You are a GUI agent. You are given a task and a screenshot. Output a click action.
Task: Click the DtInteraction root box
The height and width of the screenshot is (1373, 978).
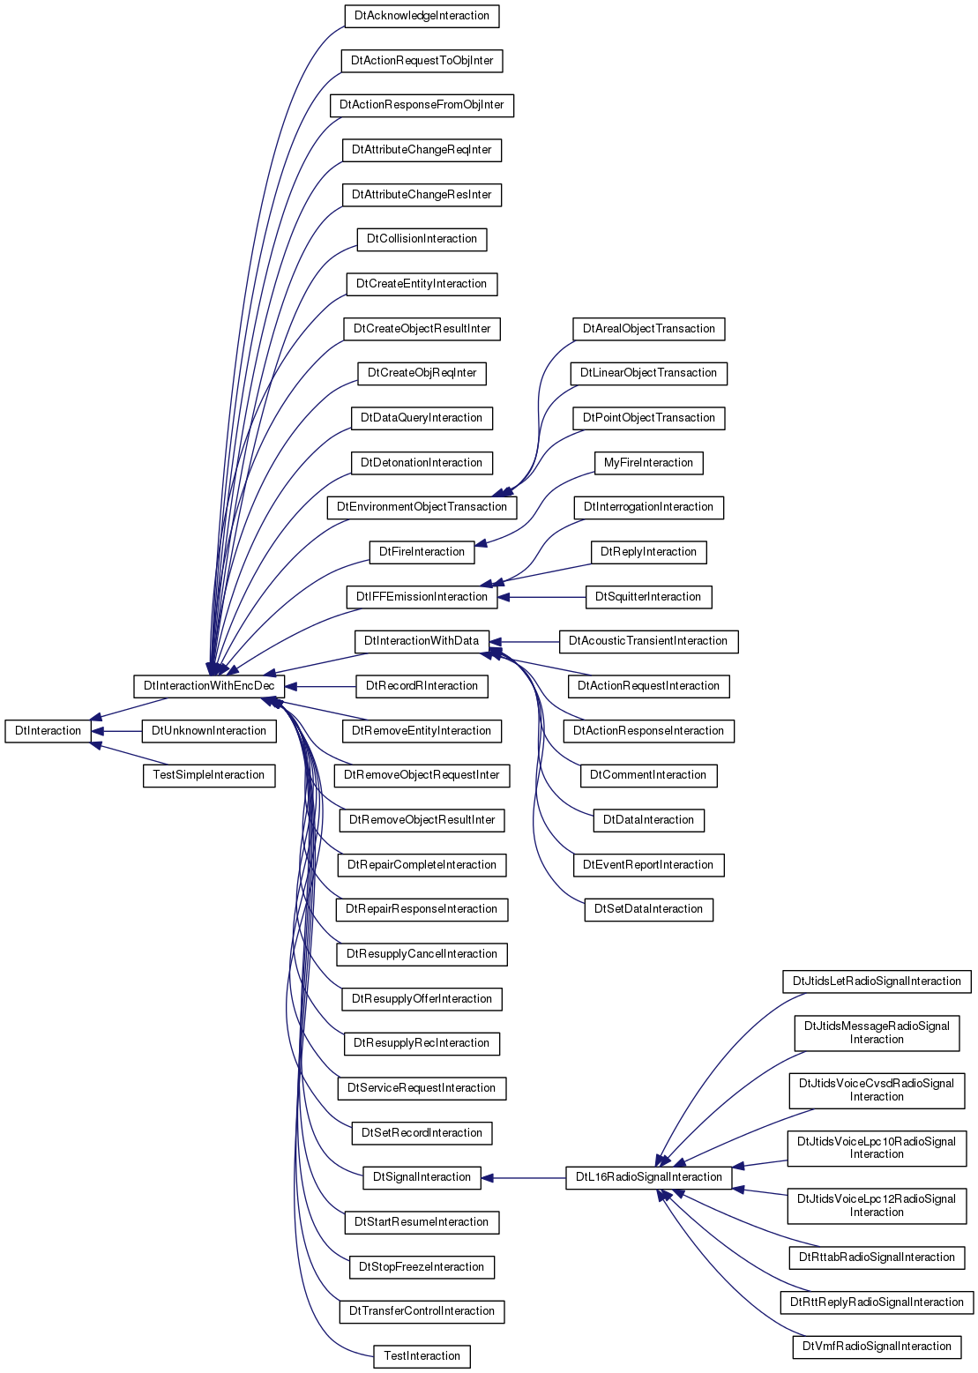pyautogui.click(x=48, y=731)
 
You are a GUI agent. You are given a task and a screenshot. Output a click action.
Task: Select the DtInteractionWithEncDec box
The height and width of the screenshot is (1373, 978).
pyautogui.click(x=209, y=686)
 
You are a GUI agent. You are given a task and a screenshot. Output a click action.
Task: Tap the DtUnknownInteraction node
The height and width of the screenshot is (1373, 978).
pyautogui.click(x=209, y=731)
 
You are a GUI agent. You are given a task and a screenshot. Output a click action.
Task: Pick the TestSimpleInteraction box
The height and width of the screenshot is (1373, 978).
pyautogui.click(x=209, y=775)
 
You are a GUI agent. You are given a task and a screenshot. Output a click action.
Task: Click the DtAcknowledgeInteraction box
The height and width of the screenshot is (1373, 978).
pyautogui.click(x=422, y=16)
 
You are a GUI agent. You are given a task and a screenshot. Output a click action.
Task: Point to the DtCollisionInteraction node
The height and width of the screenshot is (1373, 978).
pyautogui.click(x=422, y=239)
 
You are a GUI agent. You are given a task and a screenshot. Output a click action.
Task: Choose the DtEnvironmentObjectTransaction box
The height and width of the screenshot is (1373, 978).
pyautogui.click(x=422, y=508)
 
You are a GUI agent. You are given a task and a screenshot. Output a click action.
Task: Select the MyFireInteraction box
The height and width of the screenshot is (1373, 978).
pyautogui.click(x=649, y=463)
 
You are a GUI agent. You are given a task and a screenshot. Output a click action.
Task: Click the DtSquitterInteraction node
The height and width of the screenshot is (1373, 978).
pyautogui.click(x=649, y=597)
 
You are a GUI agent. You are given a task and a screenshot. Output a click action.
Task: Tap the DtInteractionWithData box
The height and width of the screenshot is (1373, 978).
pyautogui.click(x=422, y=641)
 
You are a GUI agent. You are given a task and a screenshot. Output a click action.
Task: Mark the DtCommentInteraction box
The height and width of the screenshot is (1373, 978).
pyautogui.click(x=649, y=775)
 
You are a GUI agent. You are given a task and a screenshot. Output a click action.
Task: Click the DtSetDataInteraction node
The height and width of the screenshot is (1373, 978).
pyautogui.click(x=649, y=909)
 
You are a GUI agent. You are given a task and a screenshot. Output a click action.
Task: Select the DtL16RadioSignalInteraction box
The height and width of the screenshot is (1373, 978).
pyautogui.click(x=649, y=1177)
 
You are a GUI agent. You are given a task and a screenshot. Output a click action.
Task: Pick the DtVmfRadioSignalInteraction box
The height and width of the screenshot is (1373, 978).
pyautogui.click(x=877, y=1347)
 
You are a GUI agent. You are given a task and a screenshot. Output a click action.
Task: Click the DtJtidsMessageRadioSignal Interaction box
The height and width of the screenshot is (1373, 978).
pyautogui.click(x=877, y=1033)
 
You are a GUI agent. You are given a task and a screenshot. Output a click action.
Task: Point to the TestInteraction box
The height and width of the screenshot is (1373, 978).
pyautogui.click(x=422, y=1356)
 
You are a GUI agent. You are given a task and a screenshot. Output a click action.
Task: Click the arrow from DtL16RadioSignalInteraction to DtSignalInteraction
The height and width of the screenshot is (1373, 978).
pyautogui.click(x=524, y=1177)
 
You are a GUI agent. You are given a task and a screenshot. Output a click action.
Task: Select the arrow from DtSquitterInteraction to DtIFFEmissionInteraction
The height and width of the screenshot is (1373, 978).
pyautogui.click(x=541, y=597)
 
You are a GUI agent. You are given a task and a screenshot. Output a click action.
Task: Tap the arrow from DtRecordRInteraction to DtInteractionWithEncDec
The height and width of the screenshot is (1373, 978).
pyautogui.click(x=320, y=686)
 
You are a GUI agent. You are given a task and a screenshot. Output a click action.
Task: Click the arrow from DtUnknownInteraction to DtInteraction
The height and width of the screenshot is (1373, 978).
pyautogui.click(x=116, y=731)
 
